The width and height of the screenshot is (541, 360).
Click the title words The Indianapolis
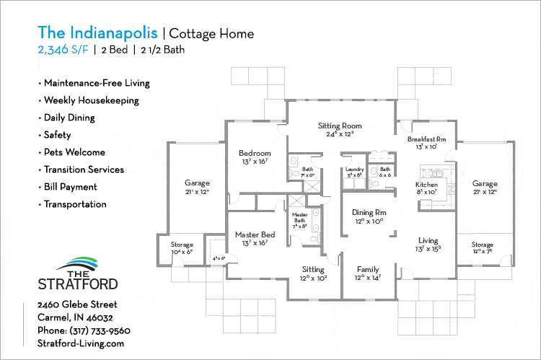point(98,33)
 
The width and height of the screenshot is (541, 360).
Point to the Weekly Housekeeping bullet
point(91,100)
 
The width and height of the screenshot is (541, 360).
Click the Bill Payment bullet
point(70,187)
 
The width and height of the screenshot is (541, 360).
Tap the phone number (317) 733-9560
point(100,330)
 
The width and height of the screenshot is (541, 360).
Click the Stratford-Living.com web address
point(81,343)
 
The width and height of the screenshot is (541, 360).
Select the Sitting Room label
point(339,126)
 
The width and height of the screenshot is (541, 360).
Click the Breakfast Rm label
point(426,139)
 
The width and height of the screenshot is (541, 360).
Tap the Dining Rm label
point(368,213)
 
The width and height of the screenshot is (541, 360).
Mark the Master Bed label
point(255,234)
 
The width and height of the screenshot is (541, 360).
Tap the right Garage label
point(485,184)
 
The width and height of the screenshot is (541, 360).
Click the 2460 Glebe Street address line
point(76,304)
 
